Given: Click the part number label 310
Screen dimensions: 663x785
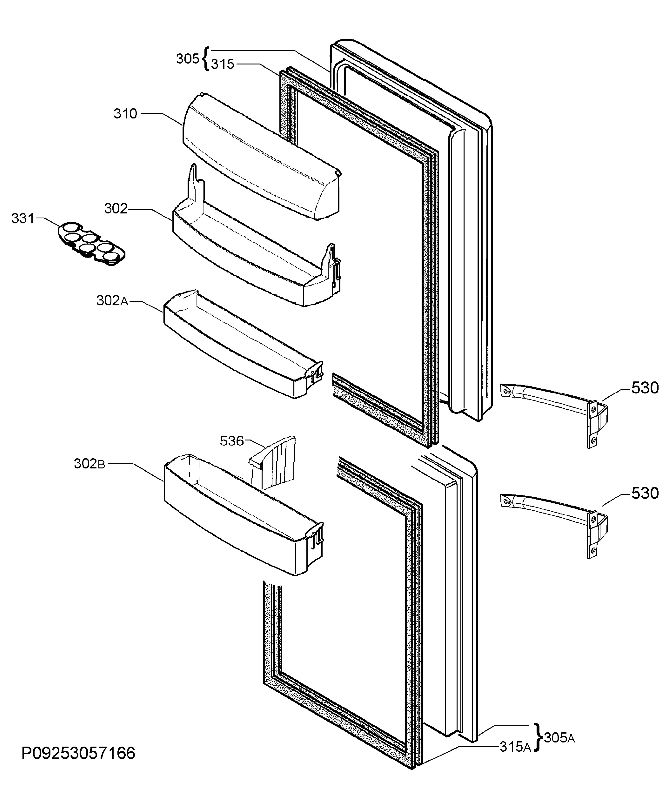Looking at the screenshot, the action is (126, 113).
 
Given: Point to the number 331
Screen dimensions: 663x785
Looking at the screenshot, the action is (23, 218).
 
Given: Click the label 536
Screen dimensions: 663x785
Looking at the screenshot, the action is (232, 441).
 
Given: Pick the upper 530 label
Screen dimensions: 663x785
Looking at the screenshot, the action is (645, 388).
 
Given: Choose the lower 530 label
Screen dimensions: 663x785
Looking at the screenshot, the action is (645, 493).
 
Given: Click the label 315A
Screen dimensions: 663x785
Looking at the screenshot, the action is (515, 747).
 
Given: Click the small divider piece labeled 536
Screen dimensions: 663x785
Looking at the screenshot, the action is (273, 462).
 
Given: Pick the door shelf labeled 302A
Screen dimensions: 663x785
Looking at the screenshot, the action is (244, 344).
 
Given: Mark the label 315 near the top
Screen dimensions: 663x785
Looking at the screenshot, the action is (223, 64).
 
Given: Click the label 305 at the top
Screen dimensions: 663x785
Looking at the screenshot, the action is (188, 59).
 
